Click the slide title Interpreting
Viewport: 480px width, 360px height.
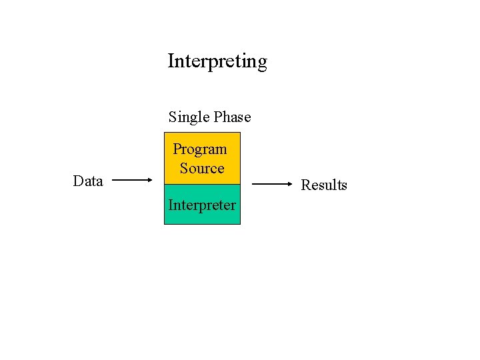(217, 61)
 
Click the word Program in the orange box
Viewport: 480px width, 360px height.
(200, 149)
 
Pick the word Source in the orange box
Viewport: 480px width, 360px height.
(202, 168)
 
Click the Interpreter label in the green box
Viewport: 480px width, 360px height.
(202, 205)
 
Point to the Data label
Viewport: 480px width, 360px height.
(88, 181)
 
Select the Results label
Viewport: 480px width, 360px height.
(324, 185)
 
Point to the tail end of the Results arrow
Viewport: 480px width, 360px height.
(253, 183)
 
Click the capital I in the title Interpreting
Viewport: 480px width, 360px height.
(171, 61)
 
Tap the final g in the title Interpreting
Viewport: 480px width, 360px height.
(261, 63)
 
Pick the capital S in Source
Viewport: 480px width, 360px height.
(184, 168)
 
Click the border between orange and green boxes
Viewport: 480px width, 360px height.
(202, 184)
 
